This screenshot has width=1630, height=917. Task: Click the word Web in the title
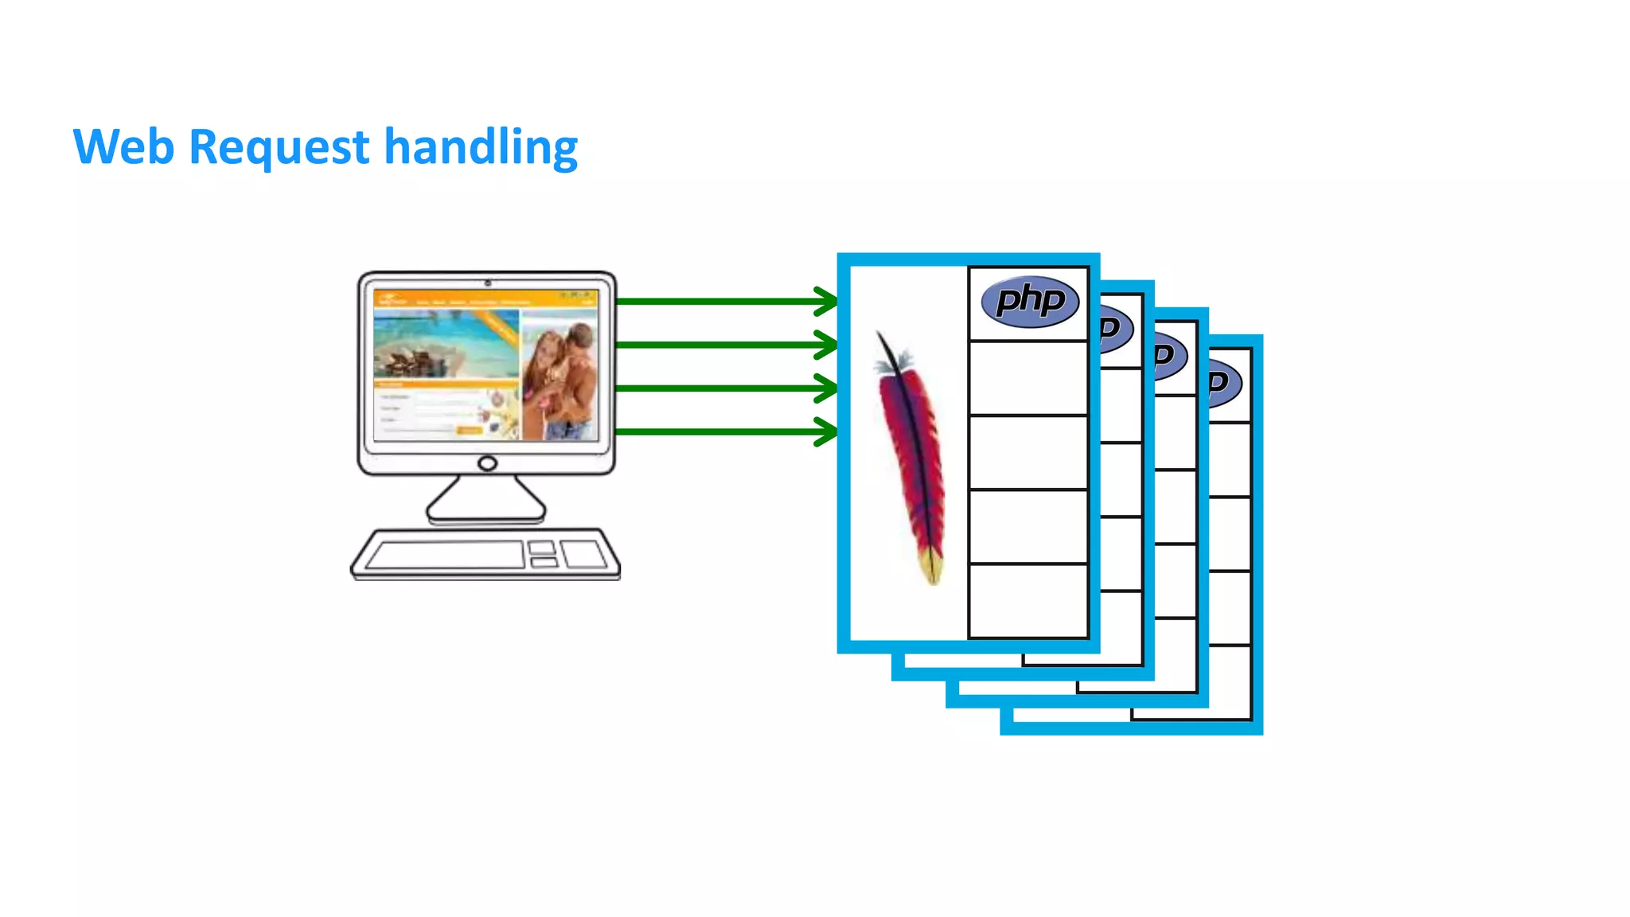pos(123,147)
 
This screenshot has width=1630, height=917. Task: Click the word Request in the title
pos(279,149)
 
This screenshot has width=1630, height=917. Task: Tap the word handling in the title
pos(481,149)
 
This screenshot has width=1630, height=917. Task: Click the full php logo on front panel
pos(1030,302)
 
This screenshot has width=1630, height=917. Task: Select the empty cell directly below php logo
pos(1028,379)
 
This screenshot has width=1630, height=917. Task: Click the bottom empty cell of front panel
pos(1028,601)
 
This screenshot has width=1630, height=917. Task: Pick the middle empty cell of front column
pos(1028,452)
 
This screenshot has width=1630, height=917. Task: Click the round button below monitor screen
pos(487,463)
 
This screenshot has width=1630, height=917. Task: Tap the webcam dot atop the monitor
pos(488,283)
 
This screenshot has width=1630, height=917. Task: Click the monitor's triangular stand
pos(486,500)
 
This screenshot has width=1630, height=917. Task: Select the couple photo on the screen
pos(560,374)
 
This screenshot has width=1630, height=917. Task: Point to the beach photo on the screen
pos(446,344)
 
